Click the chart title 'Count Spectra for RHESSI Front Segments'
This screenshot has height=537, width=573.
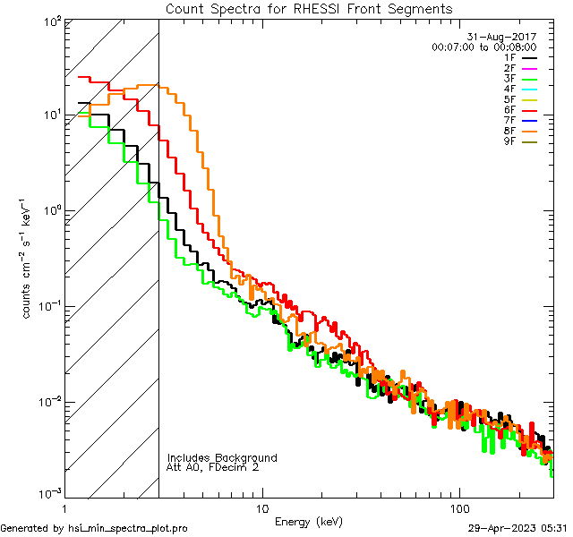pyautogui.click(x=309, y=9)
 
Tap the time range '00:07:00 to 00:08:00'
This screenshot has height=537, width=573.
pyautogui.click(x=483, y=47)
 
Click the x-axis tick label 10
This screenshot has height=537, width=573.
pyautogui.click(x=261, y=507)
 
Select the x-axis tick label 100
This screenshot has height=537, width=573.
pyautogui.click(x=458, y=507)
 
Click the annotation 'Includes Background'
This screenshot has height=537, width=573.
pyautogui.click(x=222, y=457)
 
